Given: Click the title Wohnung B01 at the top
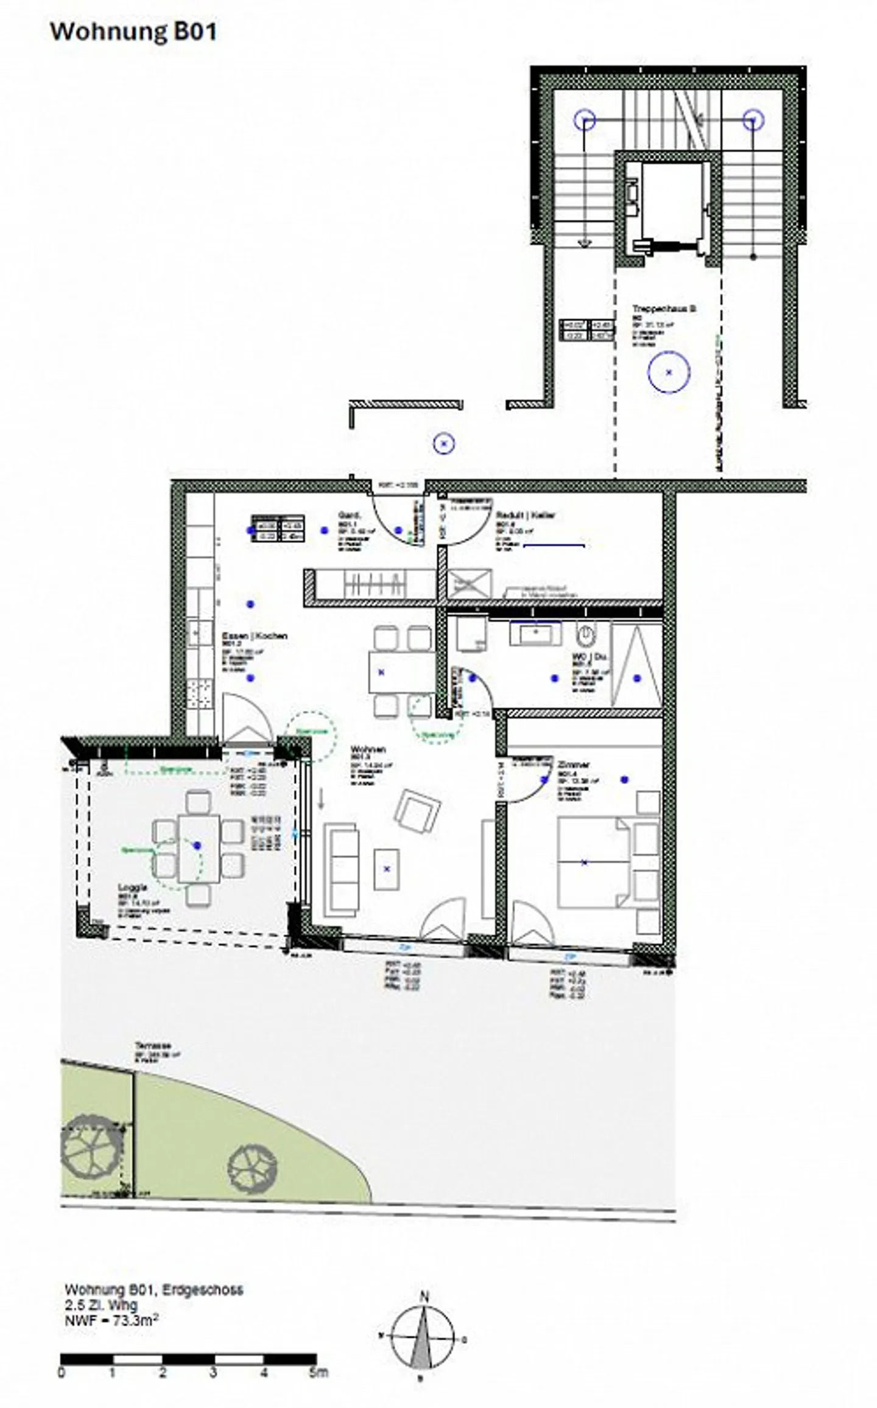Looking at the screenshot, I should coord(133,32).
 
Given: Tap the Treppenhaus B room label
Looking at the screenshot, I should coord(655,309).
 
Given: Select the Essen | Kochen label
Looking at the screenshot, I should coord(255,636).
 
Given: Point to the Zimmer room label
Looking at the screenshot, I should coord(573,765).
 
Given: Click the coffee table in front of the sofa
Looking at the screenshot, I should coord(387,869).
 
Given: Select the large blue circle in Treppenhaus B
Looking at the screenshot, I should coord(669,372).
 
